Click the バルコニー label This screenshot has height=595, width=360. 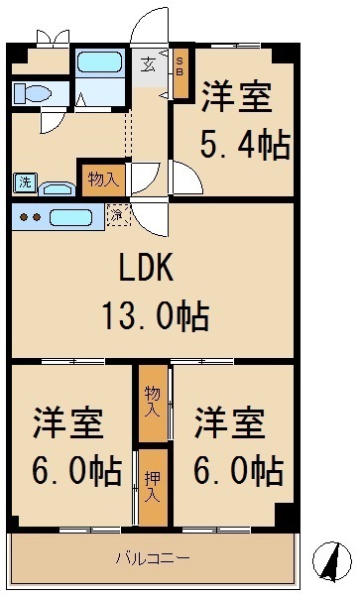pyautogui.click(x=154, y=557)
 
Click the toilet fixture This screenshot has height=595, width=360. pyautogui.click(x=33, y=94)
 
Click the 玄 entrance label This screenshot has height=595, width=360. pyautogui.click(x=148, y=64)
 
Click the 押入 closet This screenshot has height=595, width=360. pyautogui.click(x=152, y=487)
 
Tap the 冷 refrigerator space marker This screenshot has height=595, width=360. pyautogui.click(x=117, y=213)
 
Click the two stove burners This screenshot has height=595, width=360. pyautogui.click(x=29, y=217)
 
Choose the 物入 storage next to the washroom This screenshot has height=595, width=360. pyautogui.click(x=102, y=179)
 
